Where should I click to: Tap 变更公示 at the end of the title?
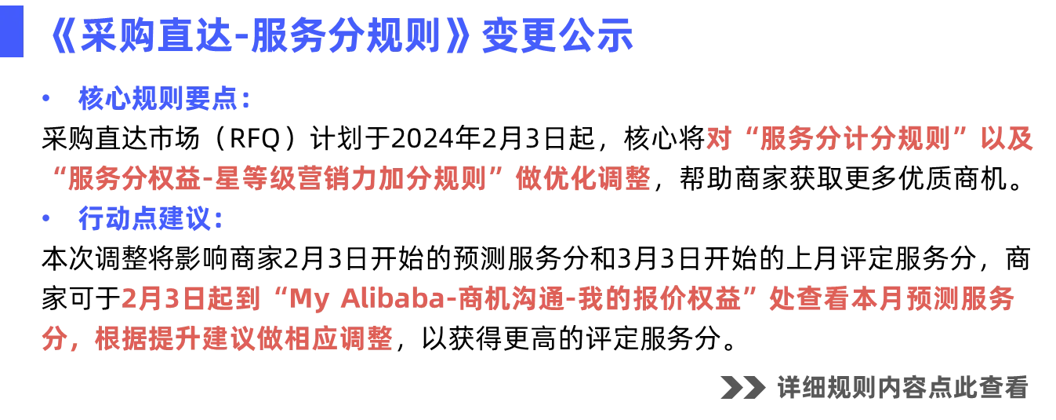pyautogui.click(x=557, y=37)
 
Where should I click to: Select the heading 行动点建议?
pyautogui.click(x=150, y=219)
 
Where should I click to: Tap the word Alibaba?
pyautogui.click(x=400, y=299)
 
